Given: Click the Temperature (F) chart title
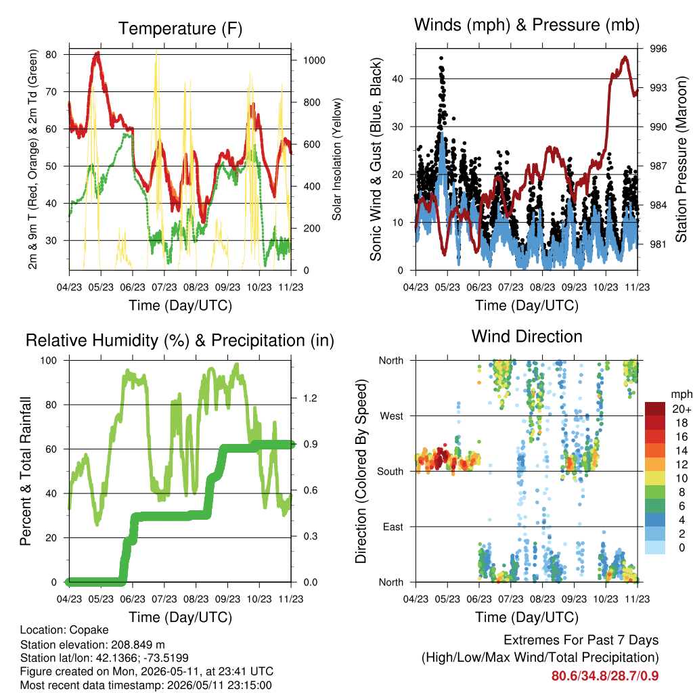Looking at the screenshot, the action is pos(180,28).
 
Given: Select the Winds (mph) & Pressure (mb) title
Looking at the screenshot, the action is pos(527,25).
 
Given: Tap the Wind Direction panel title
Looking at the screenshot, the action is pos(527,336).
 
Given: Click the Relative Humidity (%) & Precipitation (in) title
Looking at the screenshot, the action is pos(180,341).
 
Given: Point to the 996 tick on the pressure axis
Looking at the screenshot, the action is pos(658,49).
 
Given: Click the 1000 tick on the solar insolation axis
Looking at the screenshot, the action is pos(314,60).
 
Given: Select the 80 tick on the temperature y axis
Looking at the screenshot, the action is pos(51,54).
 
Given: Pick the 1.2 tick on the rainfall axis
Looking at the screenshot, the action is pos(310,398).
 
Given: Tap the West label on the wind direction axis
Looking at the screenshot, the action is pos(392,416).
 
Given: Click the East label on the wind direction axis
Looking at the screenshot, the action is pos(393,527).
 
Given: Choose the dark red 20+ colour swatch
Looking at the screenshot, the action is pos(654,409).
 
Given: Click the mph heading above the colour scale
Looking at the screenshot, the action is pos(681,395).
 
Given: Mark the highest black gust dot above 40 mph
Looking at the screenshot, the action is pos(441,58).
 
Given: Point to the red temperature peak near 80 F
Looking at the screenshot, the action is pos(97,53).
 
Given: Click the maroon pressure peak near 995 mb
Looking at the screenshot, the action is pos(625,58).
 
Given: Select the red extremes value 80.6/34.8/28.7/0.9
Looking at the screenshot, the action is pos(605,676).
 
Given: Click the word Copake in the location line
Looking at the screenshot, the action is pos(89,630).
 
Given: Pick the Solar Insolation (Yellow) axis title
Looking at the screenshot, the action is pos(337,159).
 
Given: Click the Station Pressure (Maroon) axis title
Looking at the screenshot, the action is pos(681,159).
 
